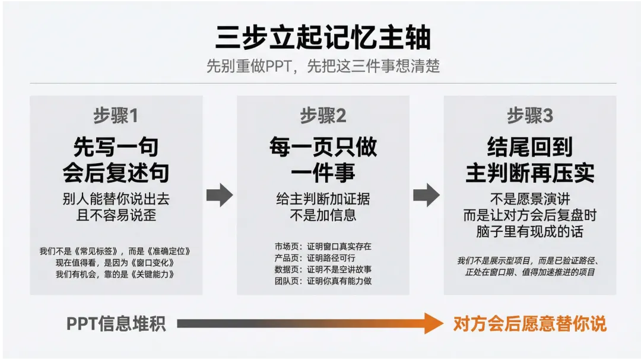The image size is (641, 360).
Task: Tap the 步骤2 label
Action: pos(323,116)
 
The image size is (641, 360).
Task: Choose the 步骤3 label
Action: pos(530,116)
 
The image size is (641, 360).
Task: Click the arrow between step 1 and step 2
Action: pos(220,195)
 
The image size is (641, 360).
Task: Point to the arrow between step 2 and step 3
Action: pos(426,195)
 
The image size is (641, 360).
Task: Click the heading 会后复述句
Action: pos(116,173)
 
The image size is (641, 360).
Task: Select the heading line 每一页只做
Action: pos(323,147)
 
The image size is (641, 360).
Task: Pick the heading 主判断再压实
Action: pos(530,173)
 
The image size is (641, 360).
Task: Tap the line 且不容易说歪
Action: pos(116,215)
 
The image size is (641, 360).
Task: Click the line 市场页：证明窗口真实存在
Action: pos(323,246)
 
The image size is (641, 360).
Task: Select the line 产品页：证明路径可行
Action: pos(315,257)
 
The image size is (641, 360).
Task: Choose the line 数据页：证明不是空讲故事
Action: pos(323,269)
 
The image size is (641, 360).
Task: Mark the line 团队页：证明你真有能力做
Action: pos(323,281)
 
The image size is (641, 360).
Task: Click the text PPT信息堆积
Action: pos(116,324)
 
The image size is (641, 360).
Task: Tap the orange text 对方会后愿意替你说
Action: pos(530,324)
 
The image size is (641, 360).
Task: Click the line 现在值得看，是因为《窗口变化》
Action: pos(116,262)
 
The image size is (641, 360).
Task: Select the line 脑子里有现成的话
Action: pos(530,231)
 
